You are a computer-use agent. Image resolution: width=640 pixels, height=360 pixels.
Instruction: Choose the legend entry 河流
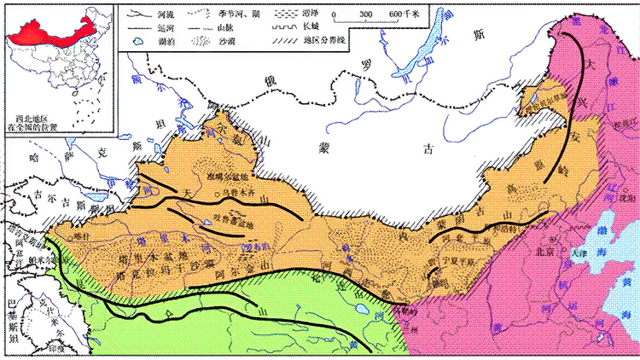point(162,15)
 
